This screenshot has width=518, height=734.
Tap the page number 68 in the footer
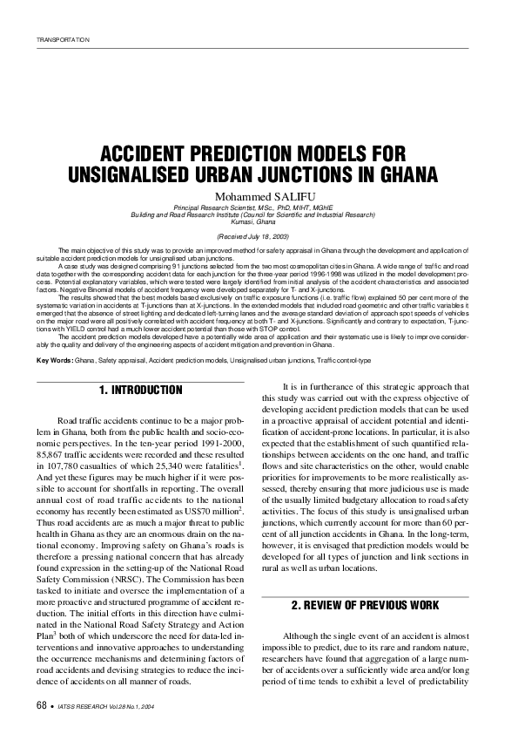pos(42,704)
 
